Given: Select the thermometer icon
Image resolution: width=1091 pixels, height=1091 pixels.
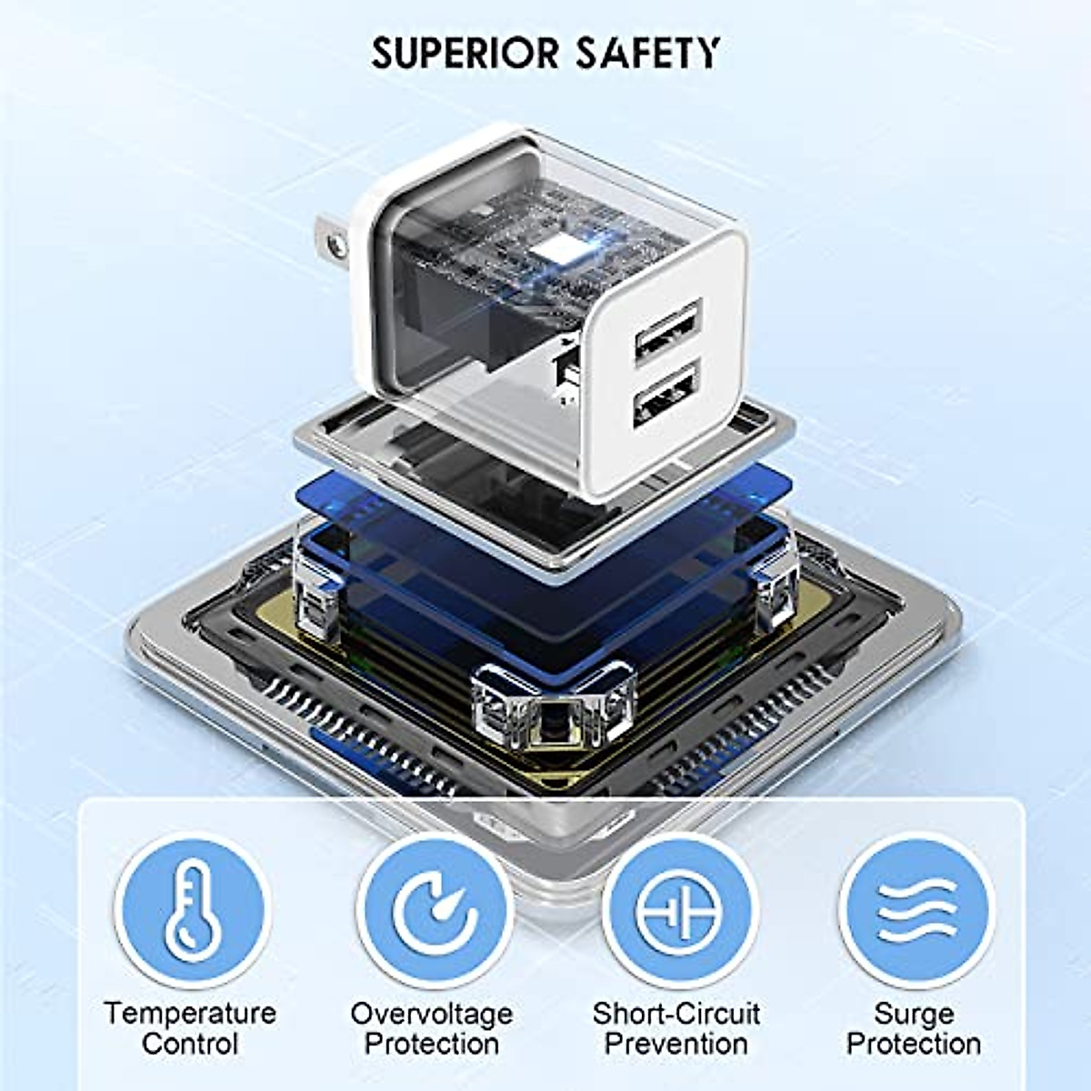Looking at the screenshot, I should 194,912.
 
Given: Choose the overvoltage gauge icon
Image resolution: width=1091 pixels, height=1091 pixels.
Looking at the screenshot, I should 435,912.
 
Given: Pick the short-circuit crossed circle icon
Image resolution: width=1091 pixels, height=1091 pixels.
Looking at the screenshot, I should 679,912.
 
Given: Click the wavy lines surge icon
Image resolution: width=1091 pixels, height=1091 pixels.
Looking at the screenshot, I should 916,912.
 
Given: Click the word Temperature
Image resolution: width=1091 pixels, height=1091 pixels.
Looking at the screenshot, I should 190,1013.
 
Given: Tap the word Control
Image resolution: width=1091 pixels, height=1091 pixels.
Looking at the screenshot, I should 190,1044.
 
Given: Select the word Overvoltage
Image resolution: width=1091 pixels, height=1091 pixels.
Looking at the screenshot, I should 432,1013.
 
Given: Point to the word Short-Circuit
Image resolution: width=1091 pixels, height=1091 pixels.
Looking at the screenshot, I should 676,1013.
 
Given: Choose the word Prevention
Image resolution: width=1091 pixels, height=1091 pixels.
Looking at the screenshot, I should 676,1044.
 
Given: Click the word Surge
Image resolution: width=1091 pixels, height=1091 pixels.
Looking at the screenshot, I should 914,1013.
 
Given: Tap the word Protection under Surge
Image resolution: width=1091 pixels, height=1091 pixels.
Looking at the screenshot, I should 914,1044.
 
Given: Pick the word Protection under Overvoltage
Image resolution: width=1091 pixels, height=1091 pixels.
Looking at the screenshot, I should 432,1044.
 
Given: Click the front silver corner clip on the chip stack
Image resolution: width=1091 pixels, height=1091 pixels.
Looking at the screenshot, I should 553,707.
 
